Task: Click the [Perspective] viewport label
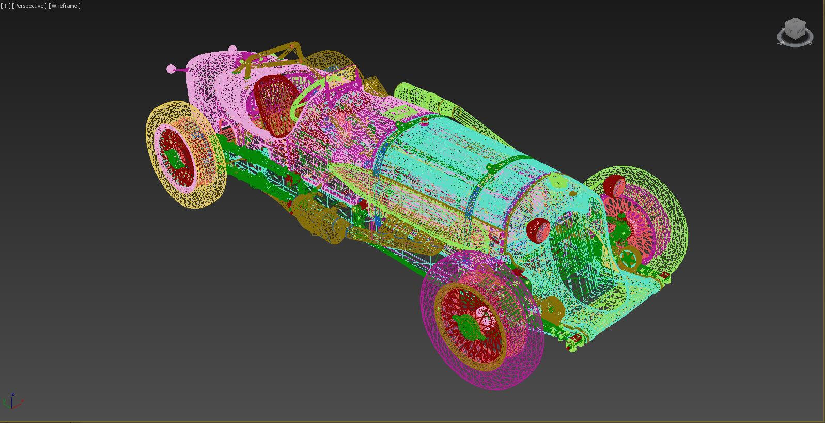(29, 6)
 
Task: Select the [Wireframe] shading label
(65, 6)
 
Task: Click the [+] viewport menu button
(5, 6)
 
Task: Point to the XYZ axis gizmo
(12, 401)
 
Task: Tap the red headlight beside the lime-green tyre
(614, 186)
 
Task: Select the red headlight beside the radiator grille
(538, 230)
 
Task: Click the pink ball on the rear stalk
(171, 69)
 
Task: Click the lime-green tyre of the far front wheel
(666, 207)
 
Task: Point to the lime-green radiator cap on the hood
(557, 181)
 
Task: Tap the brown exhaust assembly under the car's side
(315, 217)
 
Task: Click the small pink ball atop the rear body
(232, 49)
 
